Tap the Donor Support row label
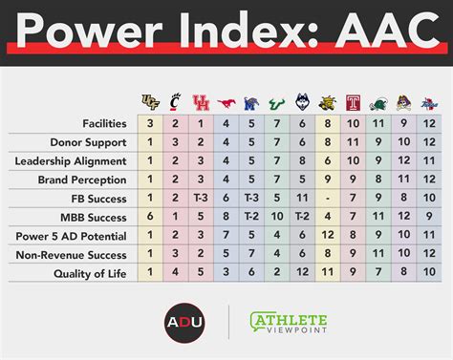tap(91, 141)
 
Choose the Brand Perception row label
tap(84, 179)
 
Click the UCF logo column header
tap(150, 102)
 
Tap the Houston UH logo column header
tap(200, 102)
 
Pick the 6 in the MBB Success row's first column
tap(150, 216)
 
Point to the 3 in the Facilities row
tap(150, 123)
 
